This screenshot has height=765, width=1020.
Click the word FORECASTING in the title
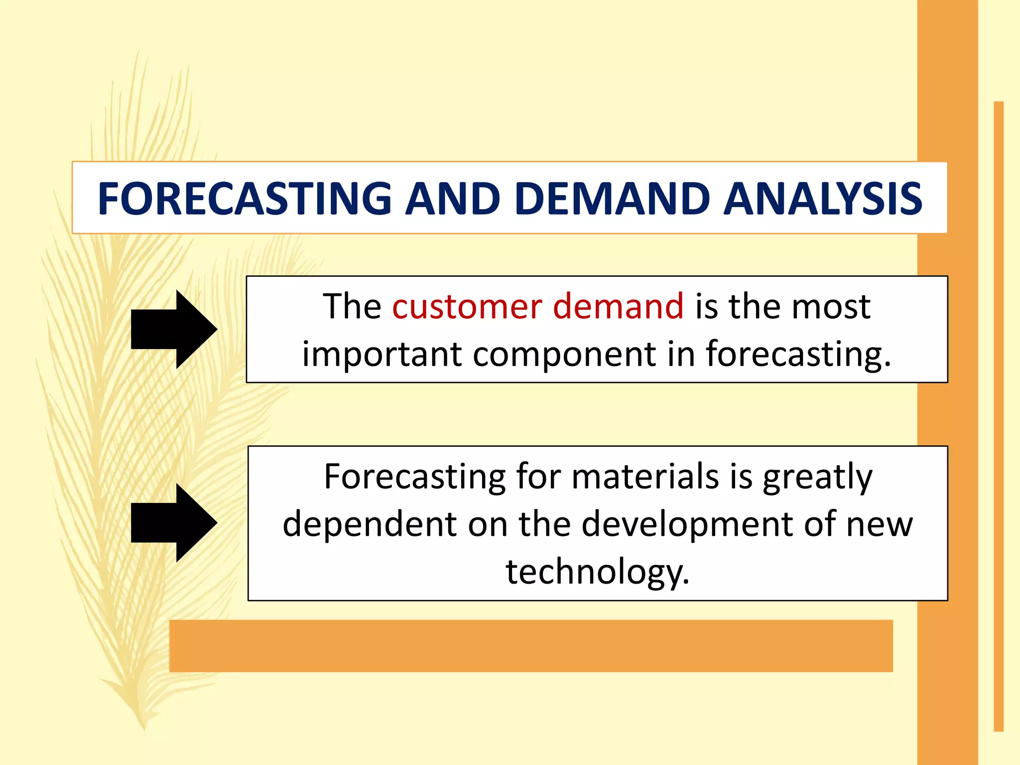tap(245, 198)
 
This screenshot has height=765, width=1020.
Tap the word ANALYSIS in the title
tap(822, 198)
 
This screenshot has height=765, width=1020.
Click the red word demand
tap(618, 306)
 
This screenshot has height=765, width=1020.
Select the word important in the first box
tap(382, 355)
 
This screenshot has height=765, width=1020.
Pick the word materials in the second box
tap(645, 477)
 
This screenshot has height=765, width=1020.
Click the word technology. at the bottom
tap(598, 572)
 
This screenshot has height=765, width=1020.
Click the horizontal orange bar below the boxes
tap(530, 645)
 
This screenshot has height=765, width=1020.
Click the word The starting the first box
tap(352, 306)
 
